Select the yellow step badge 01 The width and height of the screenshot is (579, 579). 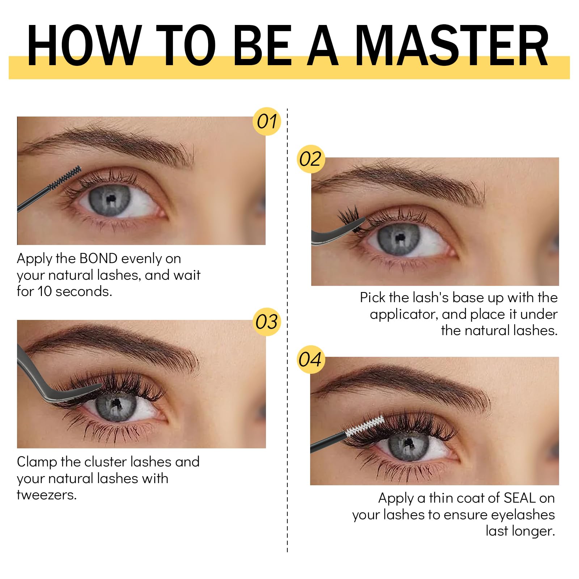tap(267, 122)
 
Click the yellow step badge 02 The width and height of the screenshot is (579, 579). tap(310, 159)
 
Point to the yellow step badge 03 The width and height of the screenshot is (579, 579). tap(267, 322)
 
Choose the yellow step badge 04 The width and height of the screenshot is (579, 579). tap(310, 360)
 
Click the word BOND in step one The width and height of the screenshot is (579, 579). tap(98, 258)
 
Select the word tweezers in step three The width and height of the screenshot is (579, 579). tap(47, 495)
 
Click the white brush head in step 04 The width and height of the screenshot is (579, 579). tap(365, 426)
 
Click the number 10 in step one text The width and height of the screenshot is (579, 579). tap(45, 292)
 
